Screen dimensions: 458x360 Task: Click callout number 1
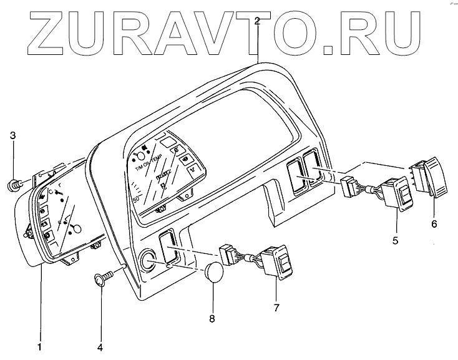[x=40, y=345]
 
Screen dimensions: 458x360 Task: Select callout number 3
[x=12, y=136]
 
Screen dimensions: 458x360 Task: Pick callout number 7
[x=276, y=308]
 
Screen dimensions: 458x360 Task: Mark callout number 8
[x=212, y=319]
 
